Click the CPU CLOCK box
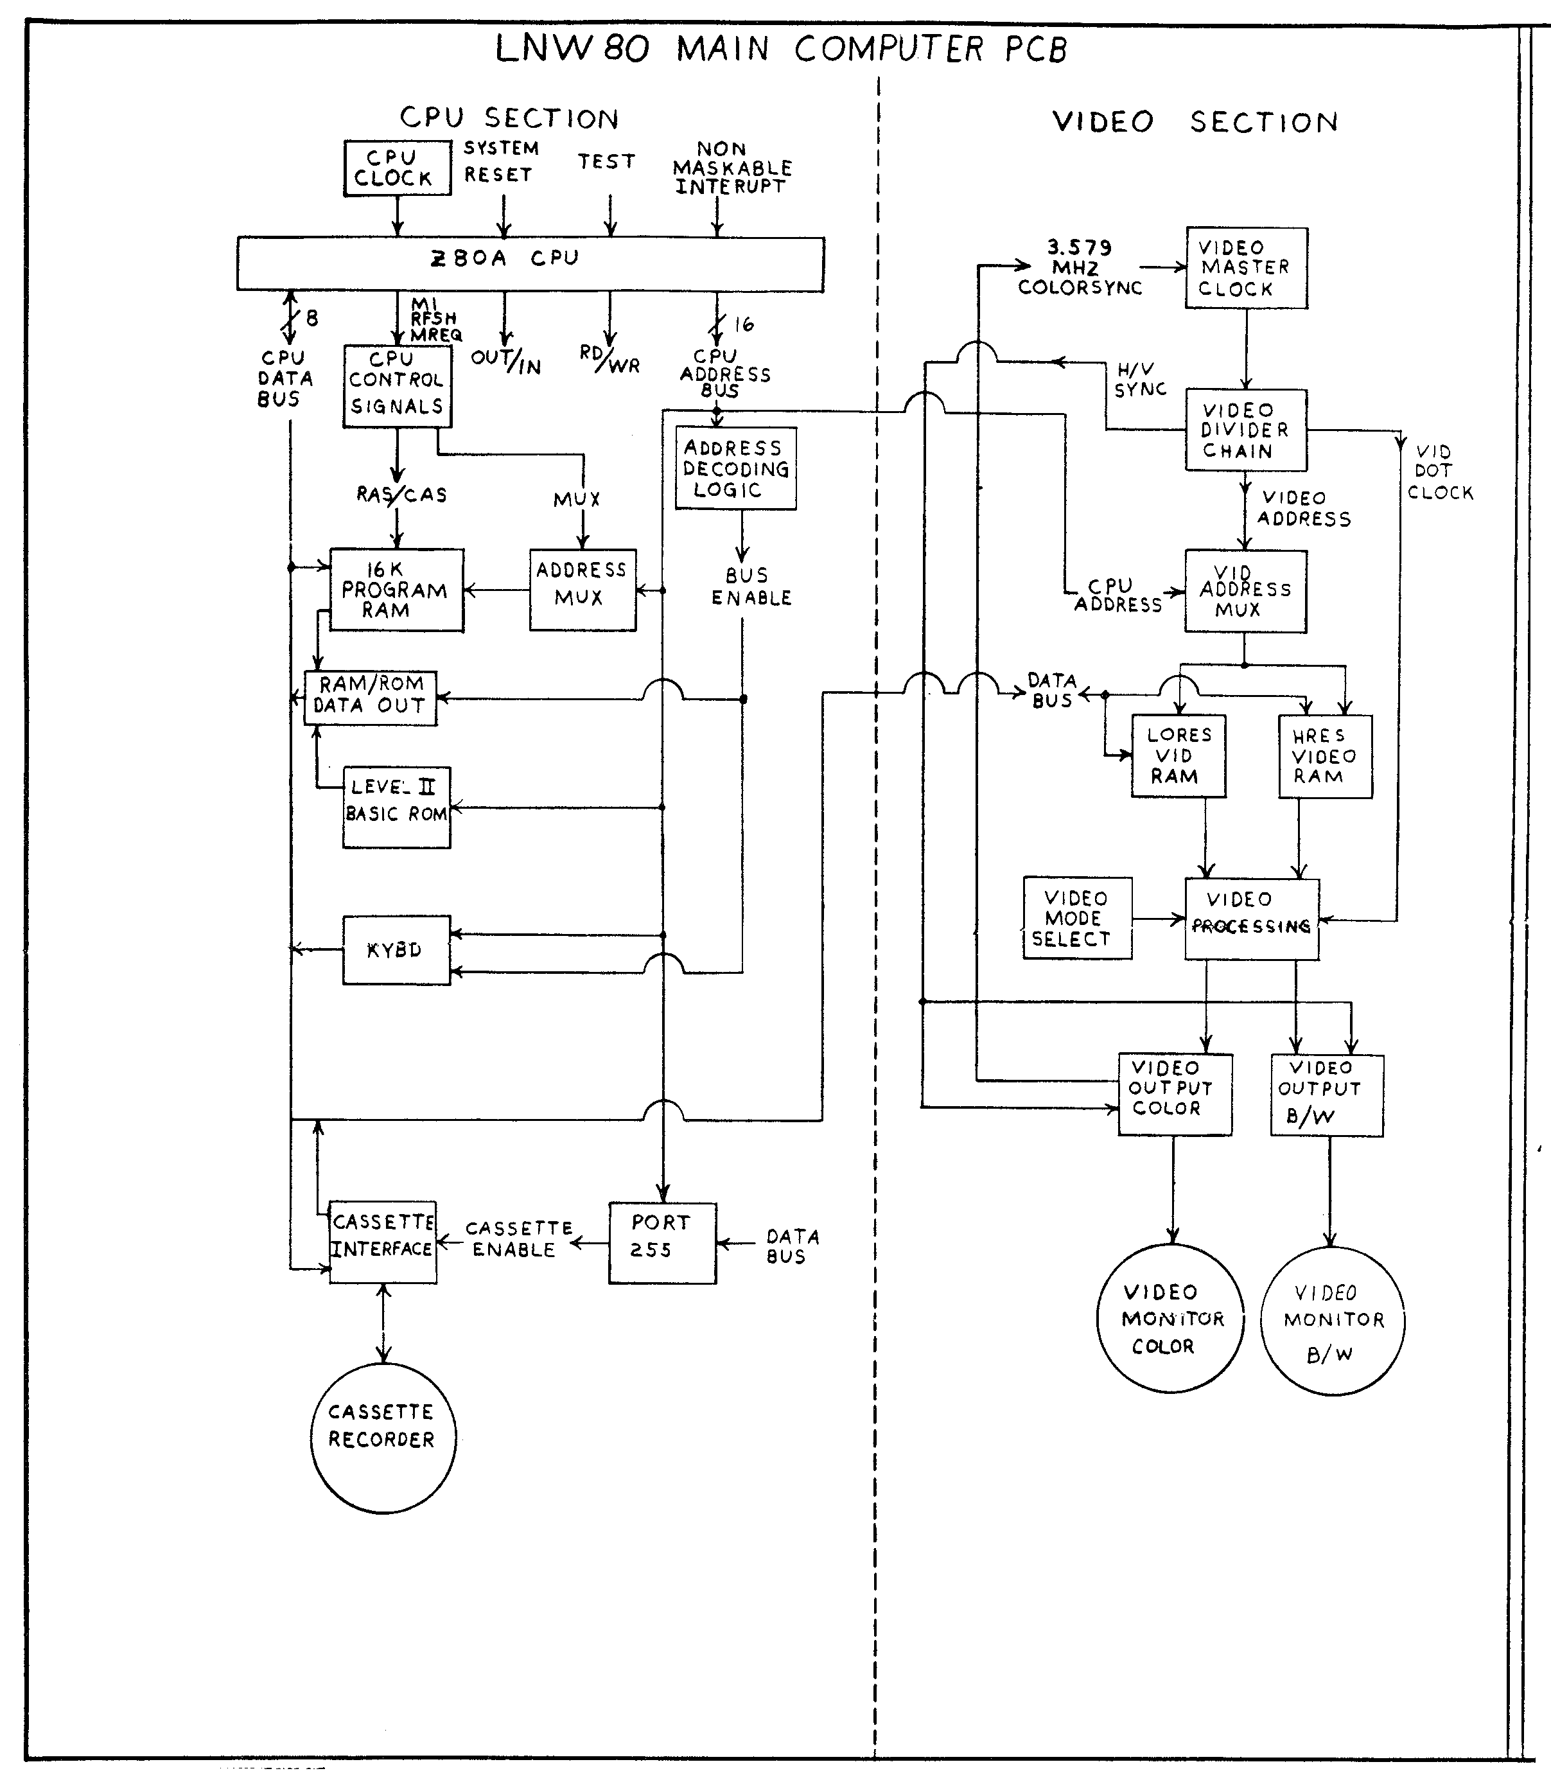click(398, 168)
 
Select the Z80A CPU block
click(530, 263)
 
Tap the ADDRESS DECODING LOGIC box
click(736, 468)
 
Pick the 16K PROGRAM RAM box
click(396, 590)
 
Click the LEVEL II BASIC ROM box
click(396, 807)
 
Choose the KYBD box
click(396, 949)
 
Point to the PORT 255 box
click(662, 1242)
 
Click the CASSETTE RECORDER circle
click(383, 1438)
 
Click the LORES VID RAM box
click(1178, 755)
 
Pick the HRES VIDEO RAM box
click(1325, 756)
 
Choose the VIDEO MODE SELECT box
click(1076, 918)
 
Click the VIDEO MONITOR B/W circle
click(1332, 1320)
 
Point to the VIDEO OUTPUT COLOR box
click(1175, 1093)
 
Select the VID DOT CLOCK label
click(1439, 473)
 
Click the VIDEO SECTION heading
click(1195, 122)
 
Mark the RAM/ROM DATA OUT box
click(371, 698)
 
